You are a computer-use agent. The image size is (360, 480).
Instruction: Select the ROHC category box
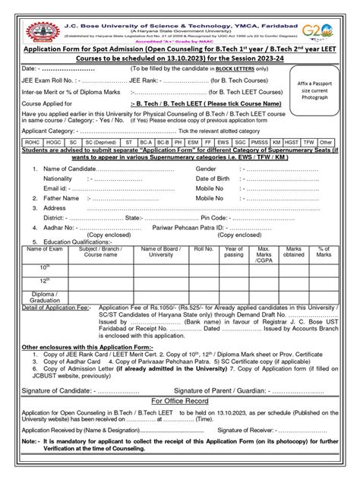tap(32, 163)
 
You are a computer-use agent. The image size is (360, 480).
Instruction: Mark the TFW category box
tap(308, 163)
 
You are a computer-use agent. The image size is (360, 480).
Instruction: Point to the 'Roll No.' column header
tap(204, 248)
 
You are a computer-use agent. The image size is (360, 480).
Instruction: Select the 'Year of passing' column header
tap(234, 251)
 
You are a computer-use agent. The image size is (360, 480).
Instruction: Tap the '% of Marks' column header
tap(324, 251)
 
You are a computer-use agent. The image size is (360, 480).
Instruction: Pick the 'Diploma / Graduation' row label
tap(45, 297)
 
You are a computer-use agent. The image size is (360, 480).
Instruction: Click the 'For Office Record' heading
tap(179, 399)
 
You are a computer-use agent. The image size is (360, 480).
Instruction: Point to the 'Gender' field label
tap(207, 190)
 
